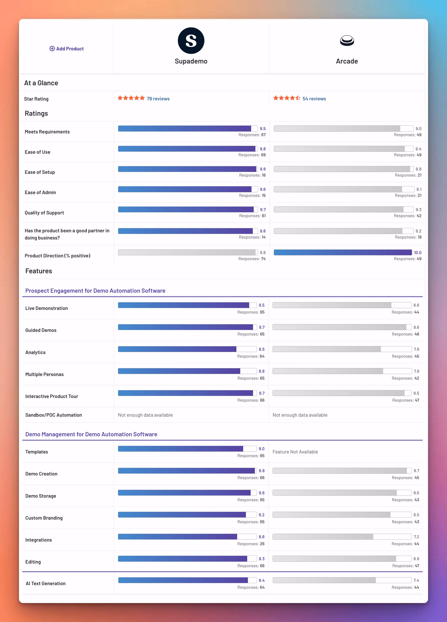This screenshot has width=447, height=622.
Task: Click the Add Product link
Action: click(x=67, y=49)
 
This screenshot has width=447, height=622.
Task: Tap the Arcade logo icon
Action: click(x=347, y=41)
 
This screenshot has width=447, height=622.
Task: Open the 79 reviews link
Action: click(x=158, y=99)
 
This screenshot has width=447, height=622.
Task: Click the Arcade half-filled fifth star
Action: click(x=298, y=98)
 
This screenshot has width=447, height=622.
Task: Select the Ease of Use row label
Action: click(x=38, y=152)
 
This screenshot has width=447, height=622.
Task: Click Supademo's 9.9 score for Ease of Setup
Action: click(x=263, y=169)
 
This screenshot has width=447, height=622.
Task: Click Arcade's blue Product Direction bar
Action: click(x=343, y=252)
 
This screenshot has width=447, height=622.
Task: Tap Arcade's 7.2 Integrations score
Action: click(x=416, y=537)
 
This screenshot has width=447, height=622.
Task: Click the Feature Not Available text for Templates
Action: click(x=295, y=452)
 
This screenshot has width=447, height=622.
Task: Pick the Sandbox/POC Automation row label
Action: click(x=53, y=415)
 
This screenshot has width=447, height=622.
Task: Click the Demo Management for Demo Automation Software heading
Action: click(x=91, y=434)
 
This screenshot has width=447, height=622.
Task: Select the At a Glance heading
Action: click(x=41, y=83)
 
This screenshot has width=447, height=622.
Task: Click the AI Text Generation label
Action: click(x=45, y=583)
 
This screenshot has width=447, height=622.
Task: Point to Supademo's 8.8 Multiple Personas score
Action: click(x=262, y=371)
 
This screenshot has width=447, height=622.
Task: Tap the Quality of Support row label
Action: click(x=44, y=213)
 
